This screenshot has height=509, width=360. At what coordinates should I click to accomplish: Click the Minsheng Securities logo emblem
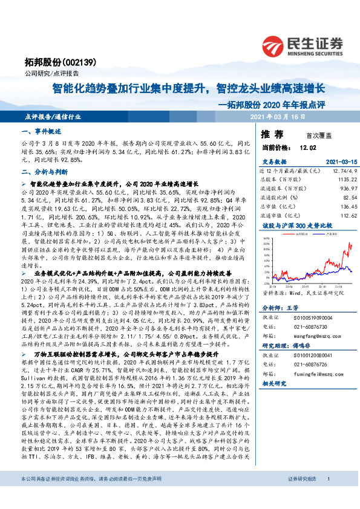278,45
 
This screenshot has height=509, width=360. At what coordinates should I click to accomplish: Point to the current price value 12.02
307,148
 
